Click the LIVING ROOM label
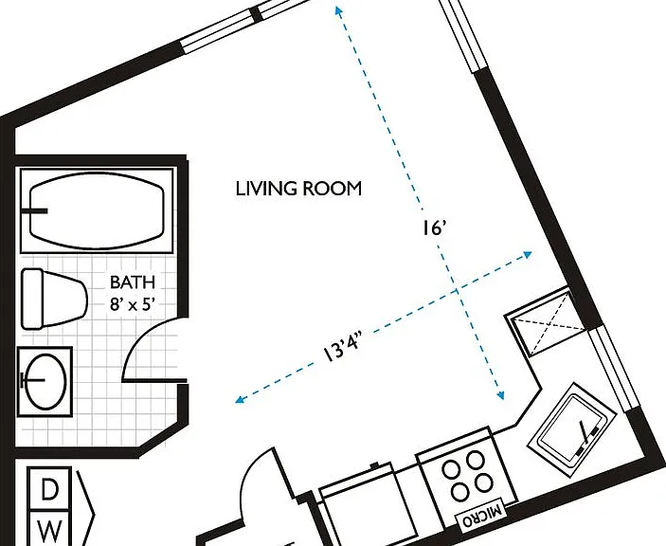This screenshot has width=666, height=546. tap(298, 189)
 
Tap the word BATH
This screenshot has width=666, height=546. tap(133, 282)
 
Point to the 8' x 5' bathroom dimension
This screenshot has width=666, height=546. tap(132, 303)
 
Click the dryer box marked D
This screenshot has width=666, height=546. tap(49, 488)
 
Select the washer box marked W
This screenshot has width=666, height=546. tap(49, 528)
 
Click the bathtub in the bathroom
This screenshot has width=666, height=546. tap(97, 210)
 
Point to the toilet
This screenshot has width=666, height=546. tap(54, 299)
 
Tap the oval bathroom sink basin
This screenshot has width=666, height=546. tap(45, 381)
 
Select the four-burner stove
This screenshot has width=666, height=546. tap(467, 477)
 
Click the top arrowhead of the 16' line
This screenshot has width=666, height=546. tap(338, 10)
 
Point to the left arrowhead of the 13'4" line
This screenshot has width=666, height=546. tap(241, 399)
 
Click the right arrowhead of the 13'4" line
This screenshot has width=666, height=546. tap(527, 255)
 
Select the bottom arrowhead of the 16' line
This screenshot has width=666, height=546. tap(501, 395)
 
